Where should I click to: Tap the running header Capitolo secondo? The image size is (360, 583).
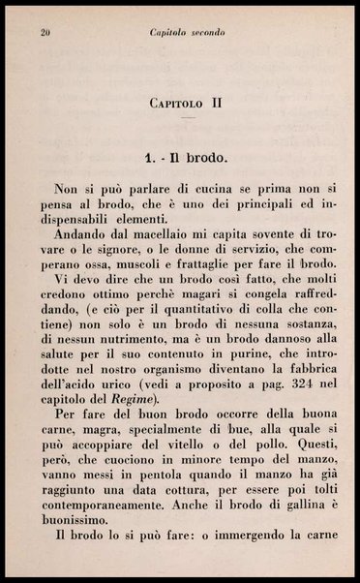tap(188, 32)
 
